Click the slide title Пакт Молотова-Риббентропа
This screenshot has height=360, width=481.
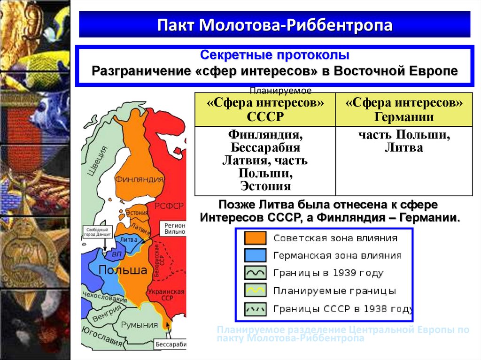pos(274,24)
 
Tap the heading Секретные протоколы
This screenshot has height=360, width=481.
pos(274,55)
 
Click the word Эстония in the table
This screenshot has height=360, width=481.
pos(265,186)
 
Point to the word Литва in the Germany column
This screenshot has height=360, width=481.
pos(404,148)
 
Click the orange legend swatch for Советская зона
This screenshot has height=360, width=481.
pos(255,238)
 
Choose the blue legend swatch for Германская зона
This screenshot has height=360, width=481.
pos(255,255)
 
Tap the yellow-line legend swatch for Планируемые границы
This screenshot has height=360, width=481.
pos(255,290)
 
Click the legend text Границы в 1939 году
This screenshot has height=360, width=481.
pos(328,273)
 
